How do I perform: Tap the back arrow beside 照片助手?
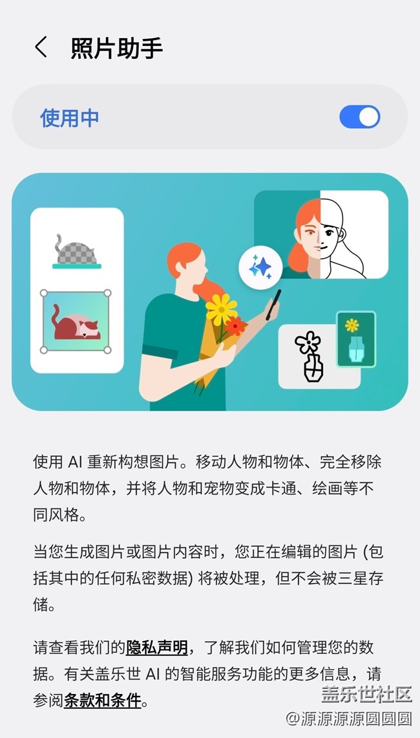pyautogui.click(x=41, y=47)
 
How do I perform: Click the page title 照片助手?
pyautogui.click(x=117, y=48)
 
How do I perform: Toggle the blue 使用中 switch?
pyautogui.click(x=360, y=116)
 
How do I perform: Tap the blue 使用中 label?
pyautogui.click(x=70, y=117)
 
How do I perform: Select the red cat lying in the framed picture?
pyautogui.click(x=75, y=324)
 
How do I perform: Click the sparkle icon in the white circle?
pyautogui.click(x=260, y=267)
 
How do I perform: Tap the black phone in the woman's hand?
pyautogui.click(x=273, y=305)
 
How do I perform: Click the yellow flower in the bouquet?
pyautogui.click(x=222, y=309)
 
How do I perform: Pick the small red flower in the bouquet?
pyautogui.click(x=235, y=326)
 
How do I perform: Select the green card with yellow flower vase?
pyautogui.click(x=355, y=339)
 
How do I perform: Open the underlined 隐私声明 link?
pyautogui.click(x=156, y=647)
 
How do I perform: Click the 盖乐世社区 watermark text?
pyautogui.click(x=366, y=693)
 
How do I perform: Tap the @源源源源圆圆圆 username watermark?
pyautogui.click(x=348, y=718)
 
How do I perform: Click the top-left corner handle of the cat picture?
pyautogui.click(x=44, y=293)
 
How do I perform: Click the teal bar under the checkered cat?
pyautogui.click(x=77, y=266)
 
